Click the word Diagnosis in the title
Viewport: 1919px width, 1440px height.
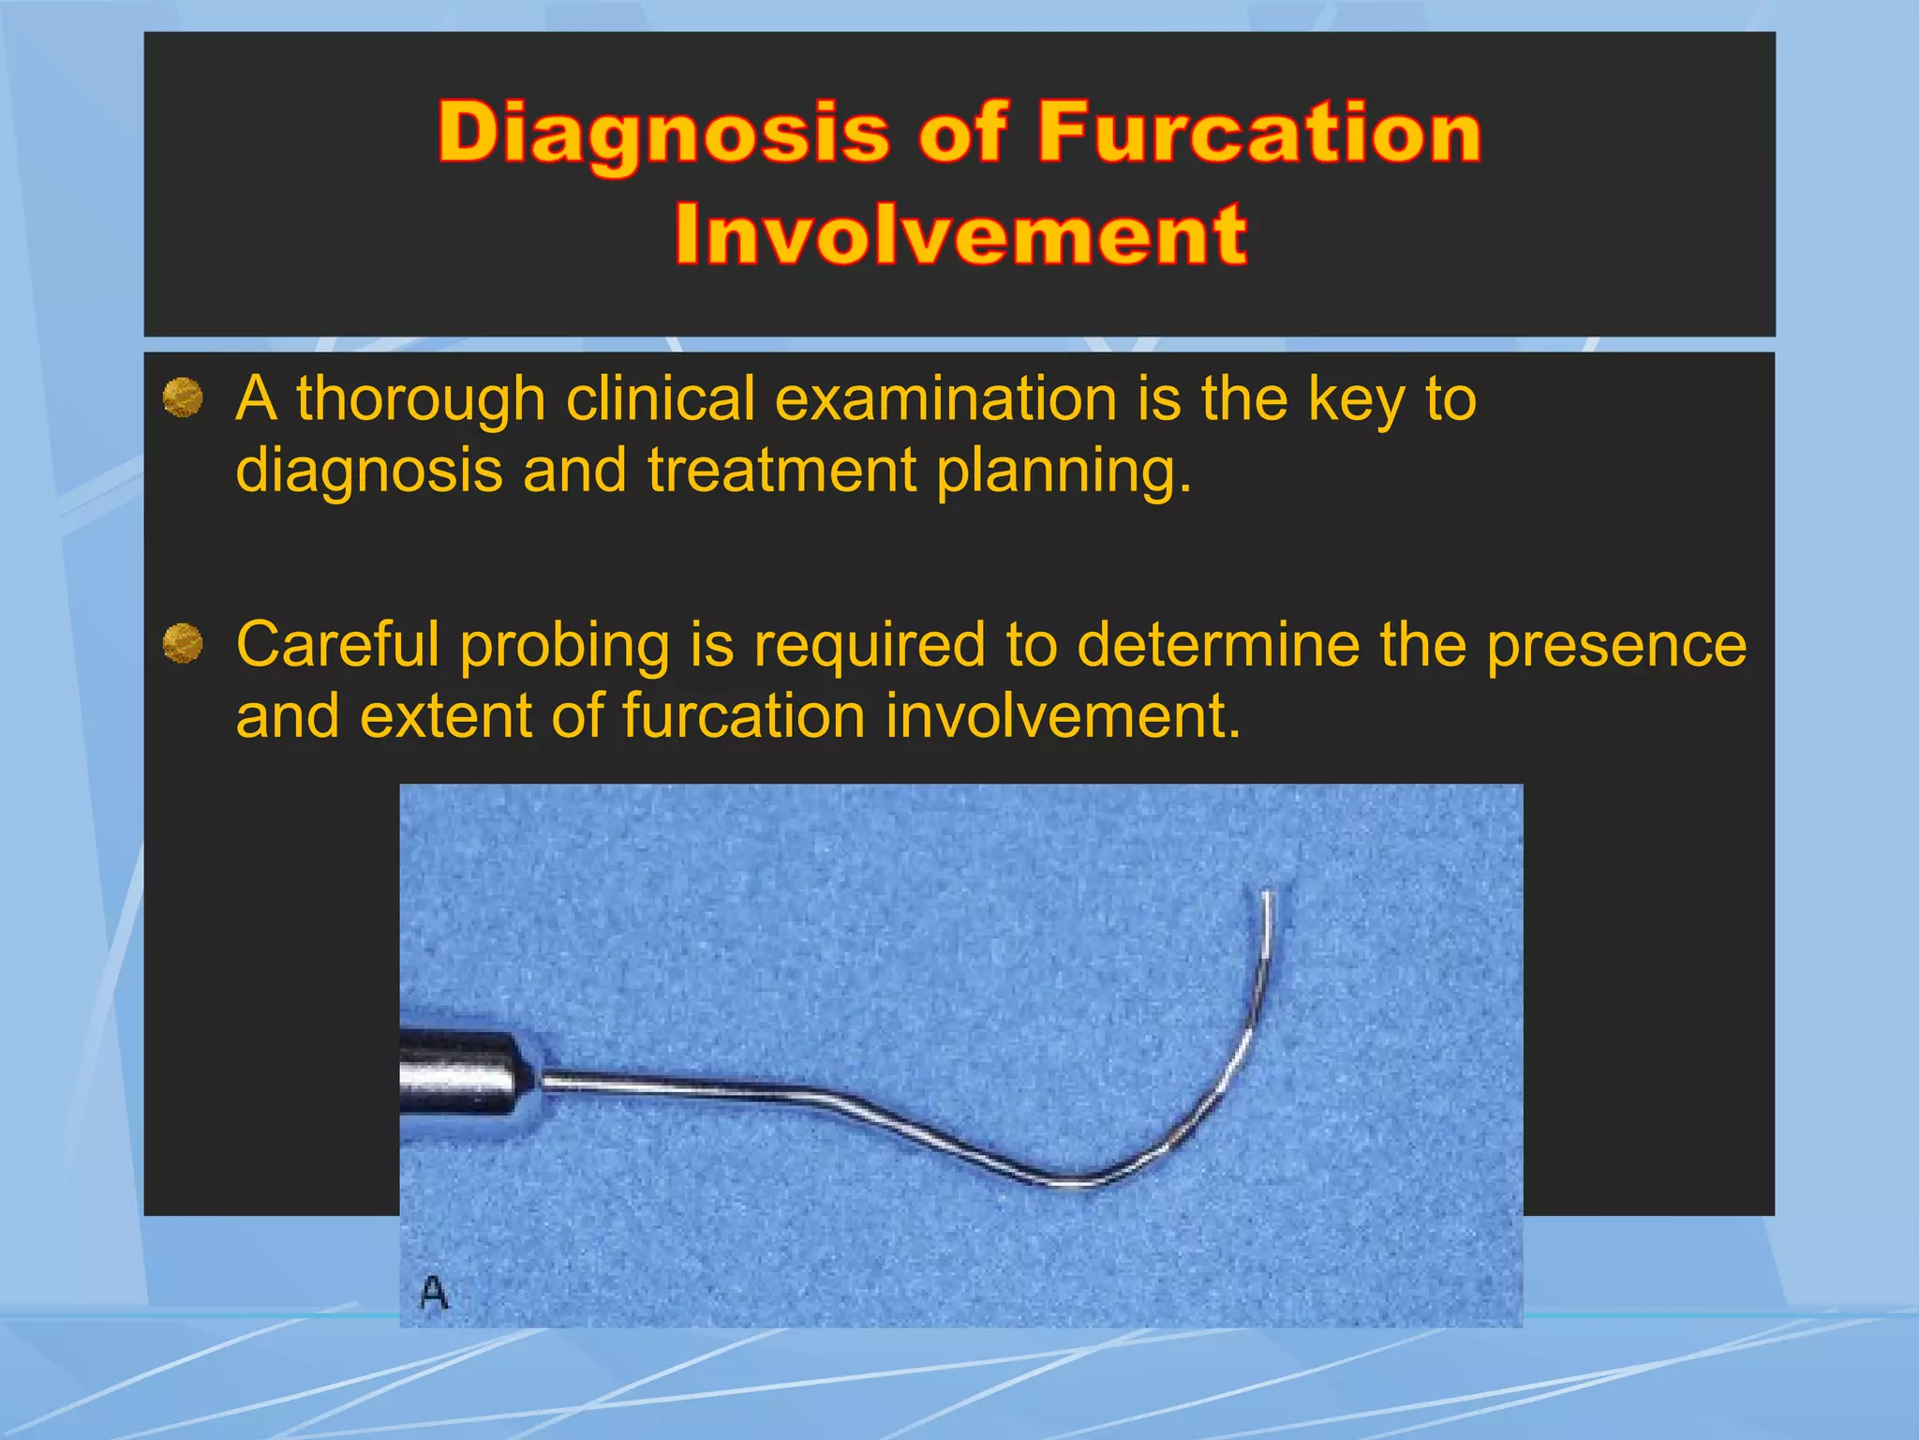(x=663, y=134)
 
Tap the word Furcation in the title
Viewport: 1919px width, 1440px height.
(x=1258, y=132)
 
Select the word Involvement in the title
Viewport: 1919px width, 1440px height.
(x=960, y=234)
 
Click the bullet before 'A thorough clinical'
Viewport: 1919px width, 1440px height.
(x=183, y=397)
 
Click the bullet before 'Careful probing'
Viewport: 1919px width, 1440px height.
(x=183, y=644)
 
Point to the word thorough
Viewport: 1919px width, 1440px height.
(x=421, y=399)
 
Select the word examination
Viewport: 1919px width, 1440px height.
(x=945, y=399)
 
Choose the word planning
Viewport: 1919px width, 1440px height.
(x=1064, y=472)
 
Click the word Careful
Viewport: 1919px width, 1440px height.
(x=338, y=645)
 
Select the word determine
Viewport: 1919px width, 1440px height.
(x=1218, y=645)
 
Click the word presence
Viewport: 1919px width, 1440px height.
(x=1616, y=647)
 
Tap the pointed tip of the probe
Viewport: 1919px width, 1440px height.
(x=1267, y=894)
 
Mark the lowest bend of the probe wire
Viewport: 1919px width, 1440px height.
(x=1078, y=1182)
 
